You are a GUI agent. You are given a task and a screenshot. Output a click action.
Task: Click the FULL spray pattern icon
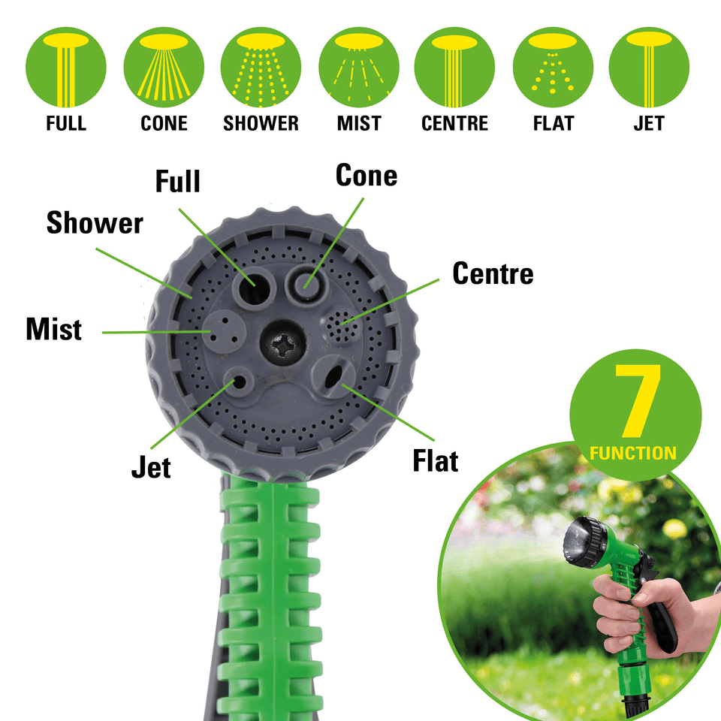click(x=66, y=66)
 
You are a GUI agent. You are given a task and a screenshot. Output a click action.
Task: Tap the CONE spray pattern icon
click(x=164, y=66)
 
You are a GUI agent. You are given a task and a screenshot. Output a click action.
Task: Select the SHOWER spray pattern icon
click(x=261, y=66)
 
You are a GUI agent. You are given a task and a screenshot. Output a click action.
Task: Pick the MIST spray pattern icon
click(x=358, y=66)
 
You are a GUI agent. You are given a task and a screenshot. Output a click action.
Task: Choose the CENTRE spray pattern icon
click(x=454, y=66)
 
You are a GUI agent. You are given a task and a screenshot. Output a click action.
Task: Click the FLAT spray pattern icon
click(x=553, y=66)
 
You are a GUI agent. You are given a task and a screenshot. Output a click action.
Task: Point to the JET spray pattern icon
click(x=648, y=66)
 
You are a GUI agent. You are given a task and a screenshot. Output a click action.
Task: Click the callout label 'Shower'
click(x=95, y=223)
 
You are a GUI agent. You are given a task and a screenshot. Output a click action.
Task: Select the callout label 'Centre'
click(x=493, y=274)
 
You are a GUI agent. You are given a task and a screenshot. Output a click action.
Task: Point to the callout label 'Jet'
click(x=151, y=467)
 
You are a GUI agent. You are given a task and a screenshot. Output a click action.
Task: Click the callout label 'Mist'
click(x=53, y=330)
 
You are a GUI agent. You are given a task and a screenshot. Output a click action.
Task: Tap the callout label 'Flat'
click(x=436, y=460)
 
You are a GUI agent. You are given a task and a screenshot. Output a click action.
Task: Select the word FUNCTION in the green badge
click(x=633, y=454)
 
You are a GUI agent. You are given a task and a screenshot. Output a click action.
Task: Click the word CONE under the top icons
click(x=164, y=123)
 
